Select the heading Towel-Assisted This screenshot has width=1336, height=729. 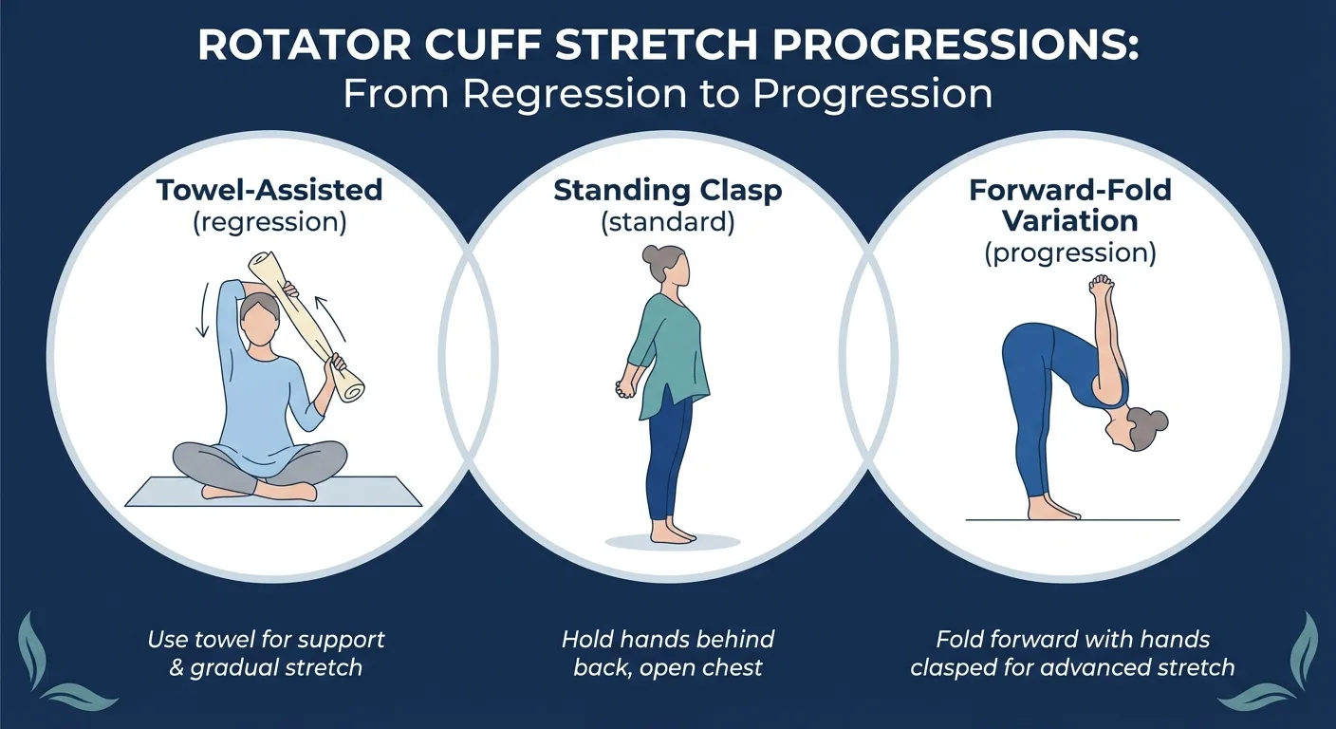click(270, 190)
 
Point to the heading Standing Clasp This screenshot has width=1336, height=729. click(668, 190)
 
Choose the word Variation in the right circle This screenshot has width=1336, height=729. click(1070, 221)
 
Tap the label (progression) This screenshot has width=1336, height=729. click(1070, 253)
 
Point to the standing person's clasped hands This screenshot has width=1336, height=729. click(626, 388)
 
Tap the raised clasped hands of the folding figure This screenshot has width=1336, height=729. click(1100, 286)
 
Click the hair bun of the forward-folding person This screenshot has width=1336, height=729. click(1158, 420)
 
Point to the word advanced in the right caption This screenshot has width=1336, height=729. click(1069, 667)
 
